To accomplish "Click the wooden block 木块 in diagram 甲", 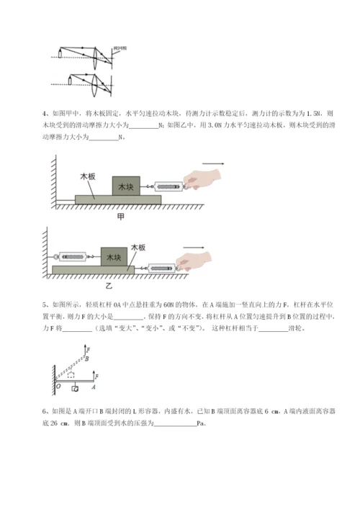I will pyautogui.click(x=126, y=186).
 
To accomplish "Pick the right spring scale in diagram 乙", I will pyautogui.click(x=159, y=266).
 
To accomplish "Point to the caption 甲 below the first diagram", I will pyautogui.click(x=120, y=215).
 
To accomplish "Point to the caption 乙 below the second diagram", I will pyautogui.click(x=129, y=285).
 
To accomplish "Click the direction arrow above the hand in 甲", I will pyautogui.click(x=216, y=163).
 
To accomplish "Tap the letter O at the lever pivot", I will pyautogui.click(x=58, y=385).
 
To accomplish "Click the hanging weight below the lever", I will pyautogui.click(x=75, y=389).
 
